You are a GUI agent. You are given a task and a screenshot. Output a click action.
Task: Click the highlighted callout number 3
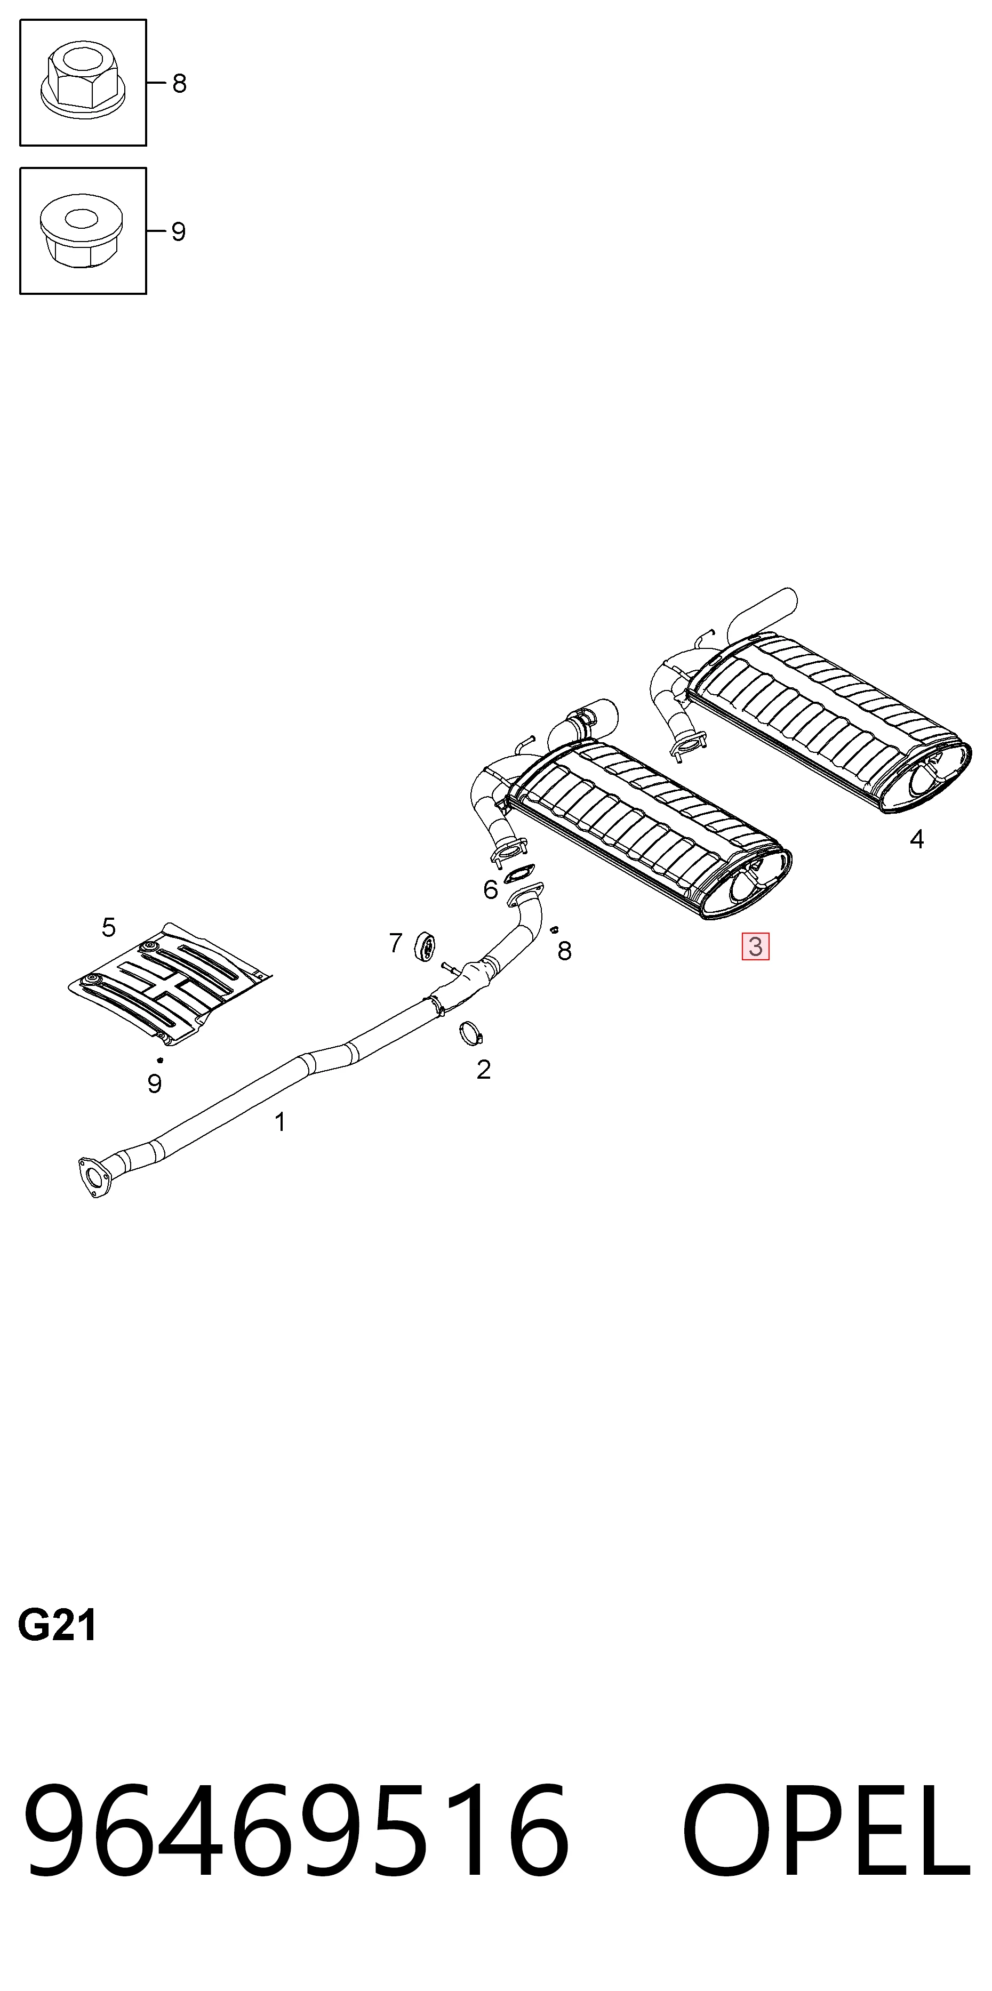(x=755, y=946)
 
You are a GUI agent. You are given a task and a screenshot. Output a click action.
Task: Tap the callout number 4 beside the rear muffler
(x=917, y=839)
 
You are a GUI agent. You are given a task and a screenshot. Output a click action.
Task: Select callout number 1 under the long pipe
(x=281, y=1121)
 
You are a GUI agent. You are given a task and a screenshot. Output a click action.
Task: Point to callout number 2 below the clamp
(x=483, y=1070)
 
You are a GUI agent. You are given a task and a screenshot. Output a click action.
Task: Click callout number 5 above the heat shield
(x=109, y=927)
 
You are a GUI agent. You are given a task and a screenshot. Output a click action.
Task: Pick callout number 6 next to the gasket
(x=490, y=889)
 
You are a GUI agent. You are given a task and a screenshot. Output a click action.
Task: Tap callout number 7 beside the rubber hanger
(x=396, y=943)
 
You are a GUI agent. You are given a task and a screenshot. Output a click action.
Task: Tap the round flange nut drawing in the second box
(x=81, y=230)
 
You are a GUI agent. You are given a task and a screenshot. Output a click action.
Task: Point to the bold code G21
(x=57, y=1625)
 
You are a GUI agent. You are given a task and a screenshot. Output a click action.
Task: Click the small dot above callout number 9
(x=160, y=1059)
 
